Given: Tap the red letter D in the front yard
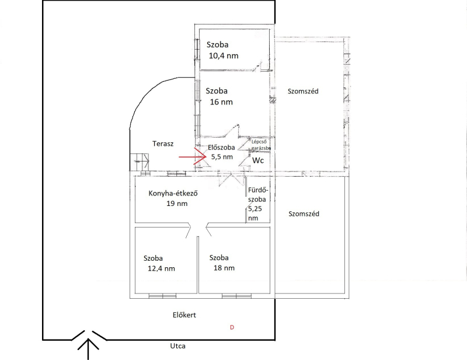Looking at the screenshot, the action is (232, 327).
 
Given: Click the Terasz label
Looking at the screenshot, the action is (163, 144).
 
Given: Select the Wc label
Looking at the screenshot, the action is (258, 160).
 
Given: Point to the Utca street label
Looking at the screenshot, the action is (178, 346).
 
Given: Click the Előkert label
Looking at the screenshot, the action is (184, 314).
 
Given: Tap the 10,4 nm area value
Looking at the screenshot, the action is (224, 55).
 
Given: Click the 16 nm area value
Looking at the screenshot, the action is (221, 102).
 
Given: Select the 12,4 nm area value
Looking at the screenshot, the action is (162, 268).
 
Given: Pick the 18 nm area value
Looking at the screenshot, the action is (224, 268).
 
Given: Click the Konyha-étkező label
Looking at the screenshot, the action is (173, 193).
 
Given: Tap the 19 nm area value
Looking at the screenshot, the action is (177, 204).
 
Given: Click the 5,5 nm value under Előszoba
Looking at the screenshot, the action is (222, 157).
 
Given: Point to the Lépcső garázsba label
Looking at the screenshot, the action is (261, 145).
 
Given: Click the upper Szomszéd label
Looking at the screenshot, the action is (303, 91).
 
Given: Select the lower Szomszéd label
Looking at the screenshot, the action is (304, 214).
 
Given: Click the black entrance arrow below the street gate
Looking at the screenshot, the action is (88, 349).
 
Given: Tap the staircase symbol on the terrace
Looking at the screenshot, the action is (140, 162).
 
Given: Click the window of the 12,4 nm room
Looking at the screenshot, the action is (162, 296).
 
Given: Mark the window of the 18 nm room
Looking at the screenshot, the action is (236, 296).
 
